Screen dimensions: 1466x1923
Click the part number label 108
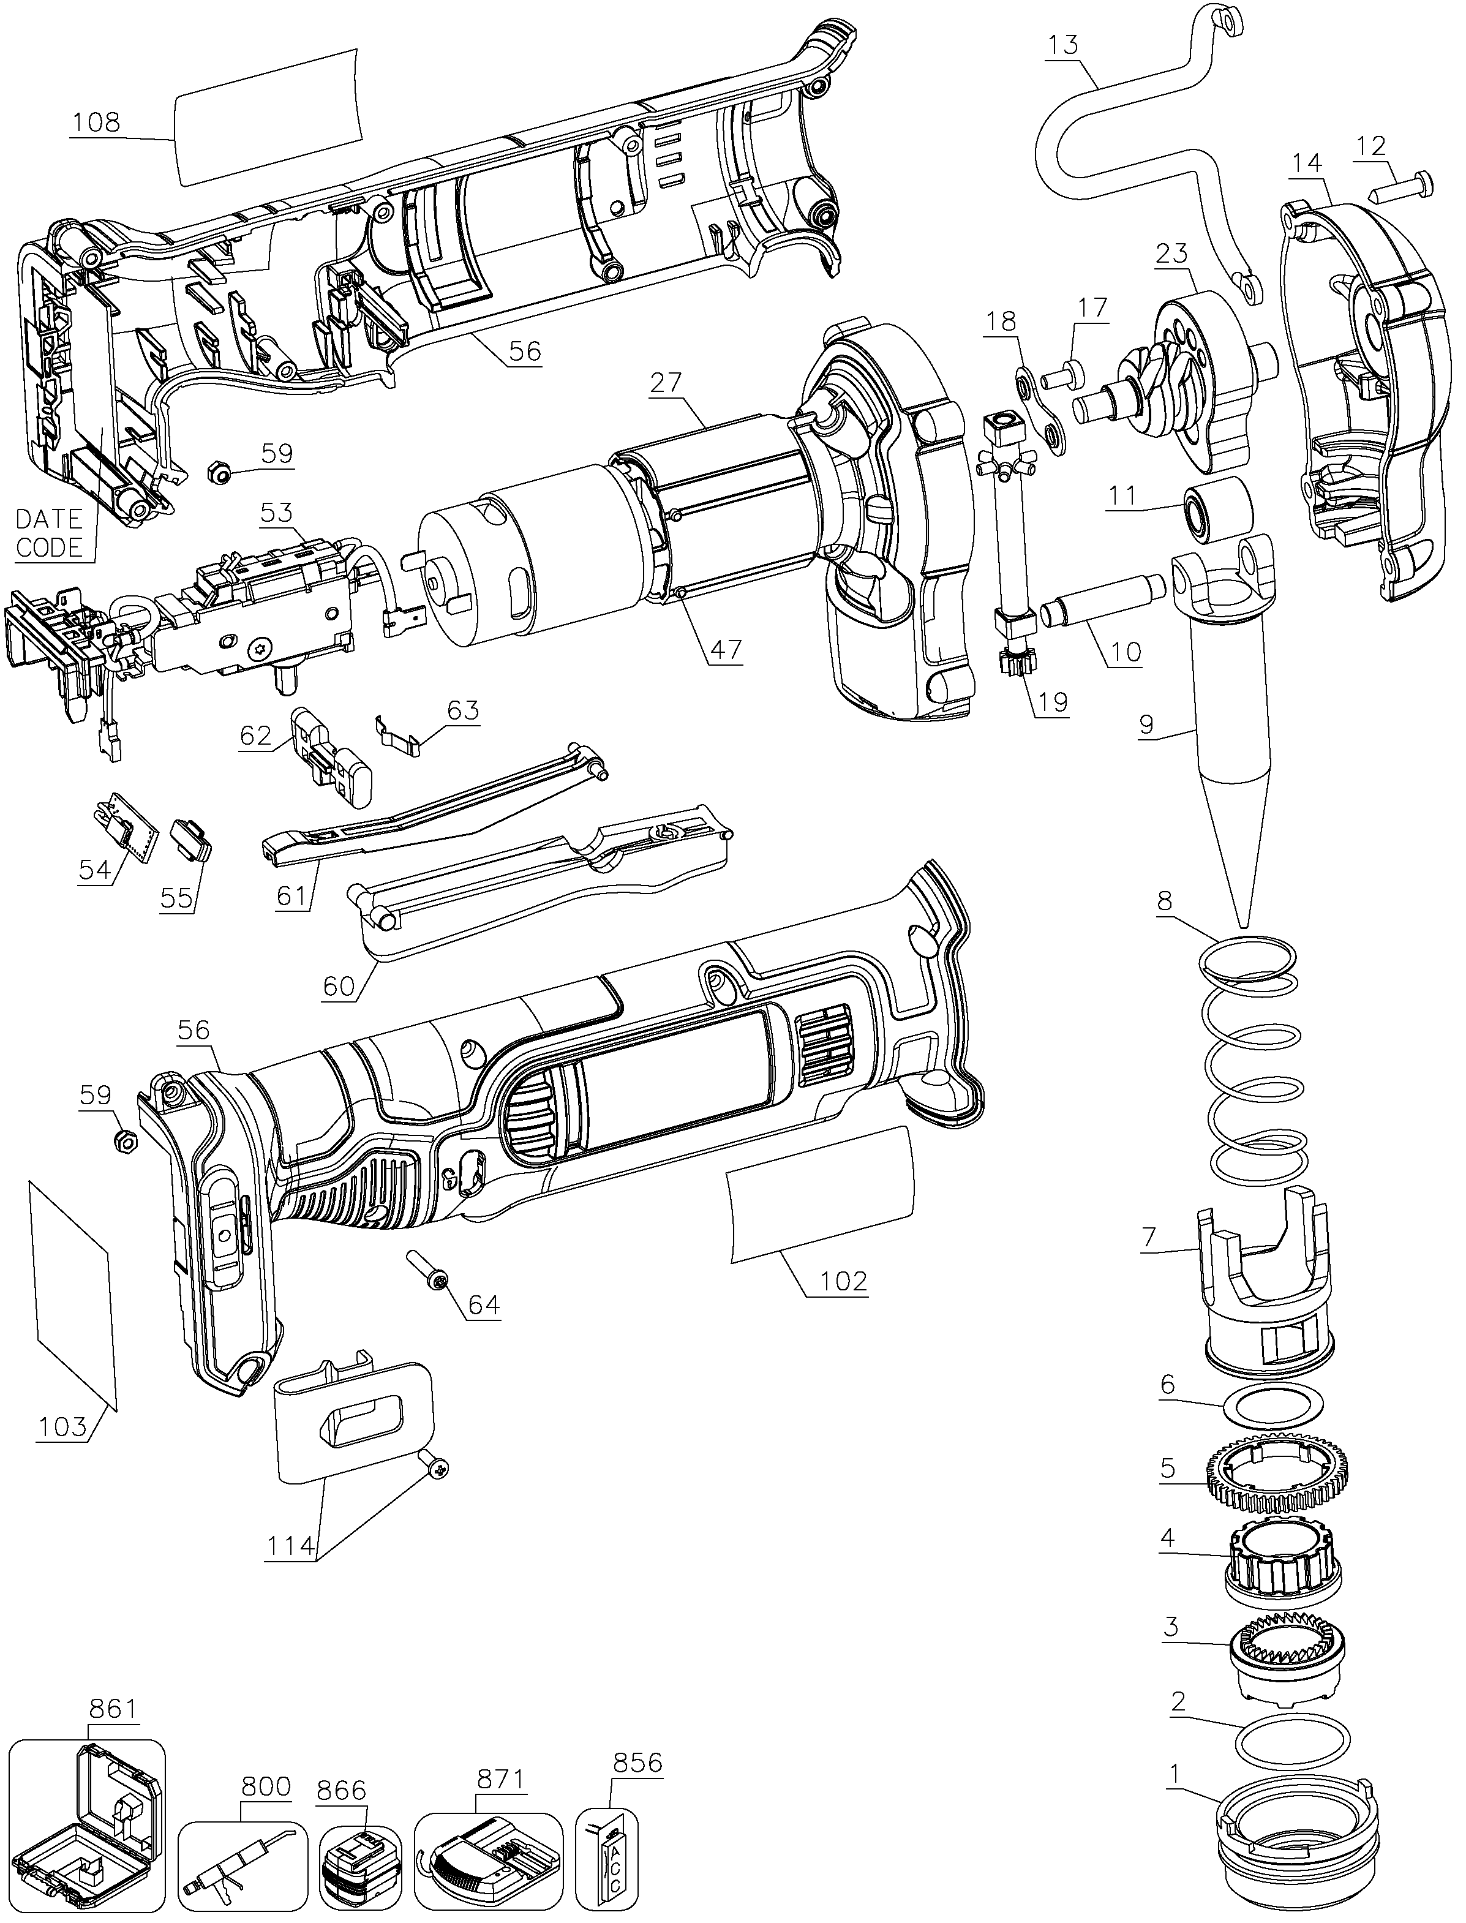click(x=97, y=121)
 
